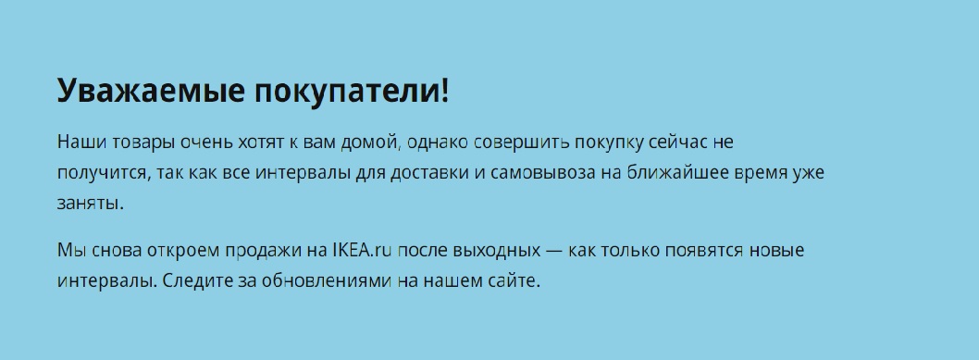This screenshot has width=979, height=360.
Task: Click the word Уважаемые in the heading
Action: (151, 91)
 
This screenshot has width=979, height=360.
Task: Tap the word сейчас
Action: (677, 143)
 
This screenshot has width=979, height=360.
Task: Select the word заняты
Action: (87, 204)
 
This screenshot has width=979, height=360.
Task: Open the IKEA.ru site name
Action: (362, 250)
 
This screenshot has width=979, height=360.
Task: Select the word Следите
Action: (197, 281)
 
